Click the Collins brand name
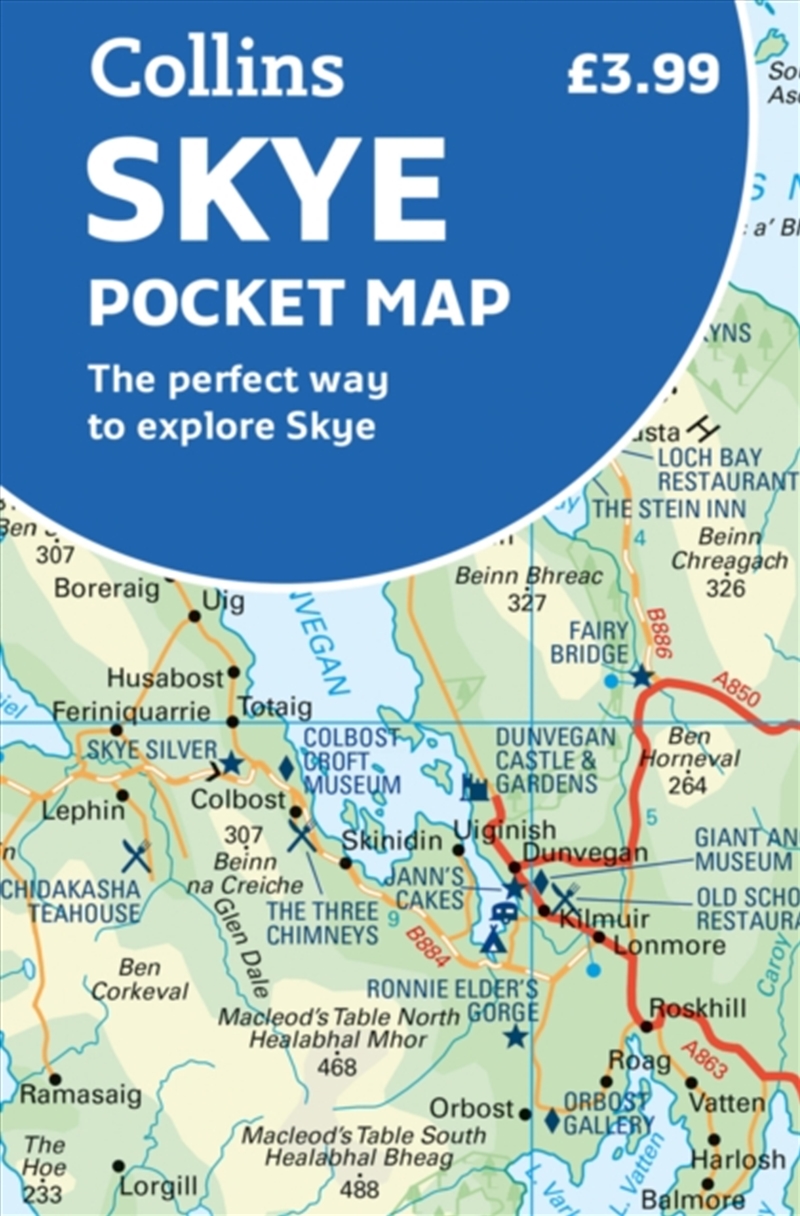[217, 67]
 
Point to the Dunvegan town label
[586, 853]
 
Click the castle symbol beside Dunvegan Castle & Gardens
[474, 787]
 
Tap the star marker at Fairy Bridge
[641, 676]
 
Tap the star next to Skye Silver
[231, 763]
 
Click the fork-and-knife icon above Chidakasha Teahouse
[136, 856]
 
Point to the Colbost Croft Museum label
[352, 762]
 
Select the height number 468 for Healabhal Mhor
[337, 1067]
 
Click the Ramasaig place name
[80, 1095]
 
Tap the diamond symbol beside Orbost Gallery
[552, 1120]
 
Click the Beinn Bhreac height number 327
[526, 602]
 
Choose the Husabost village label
[165, 678]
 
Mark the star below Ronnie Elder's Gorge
[516, 1036]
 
